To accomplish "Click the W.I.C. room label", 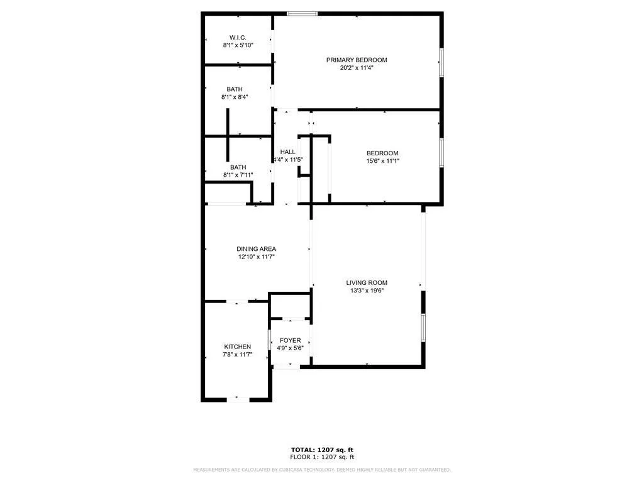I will [x=237, y=37].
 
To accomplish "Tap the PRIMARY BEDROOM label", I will [x=357, y=60].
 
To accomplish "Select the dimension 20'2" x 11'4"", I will [x=357, y=68].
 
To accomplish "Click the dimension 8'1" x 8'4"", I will [x=235, y=97].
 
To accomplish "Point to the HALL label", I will [x=287, y=152].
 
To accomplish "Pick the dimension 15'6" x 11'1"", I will [x=382, y=161].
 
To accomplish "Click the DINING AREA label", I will [x=256, y=248].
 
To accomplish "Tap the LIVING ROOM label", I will [x=367, y=282].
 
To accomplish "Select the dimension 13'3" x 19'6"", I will [x=367, y=291].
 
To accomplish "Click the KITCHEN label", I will [x=238, y=347].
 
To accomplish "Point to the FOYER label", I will [x=290, y=340].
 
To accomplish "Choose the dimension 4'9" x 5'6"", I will [x=290, y=348].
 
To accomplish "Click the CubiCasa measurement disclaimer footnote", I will [x=321, y=470].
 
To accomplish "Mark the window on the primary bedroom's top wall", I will [x=302, y=13].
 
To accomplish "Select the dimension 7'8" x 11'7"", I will [x=238, y=355].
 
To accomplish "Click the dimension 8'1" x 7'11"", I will [x=238, y=175].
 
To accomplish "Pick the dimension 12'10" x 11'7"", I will [x=256, y=257].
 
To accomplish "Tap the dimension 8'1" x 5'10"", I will [x=238, y=45].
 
